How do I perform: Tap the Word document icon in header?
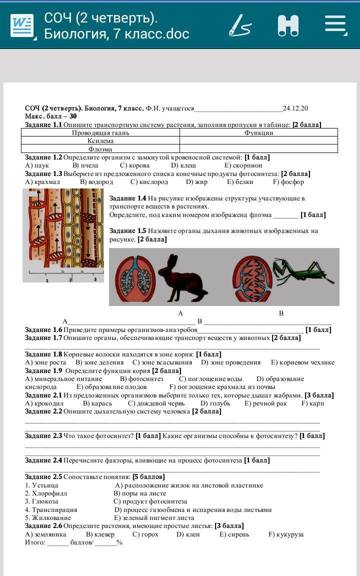click(x=22, y=25)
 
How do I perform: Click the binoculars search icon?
click(x=288, y=25)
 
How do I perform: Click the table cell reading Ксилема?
click(x=100, y=141)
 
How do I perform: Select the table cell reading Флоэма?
click(x=100, y=149)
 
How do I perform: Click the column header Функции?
click(x=258, y=132)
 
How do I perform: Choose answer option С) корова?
click(x=131, y=165)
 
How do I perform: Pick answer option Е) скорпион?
click(x=243, y=165)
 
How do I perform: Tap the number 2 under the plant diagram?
click(x=70, y=280)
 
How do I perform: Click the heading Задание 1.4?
click(x=127, y=198)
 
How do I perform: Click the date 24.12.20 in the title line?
click(x=295, y=108)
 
